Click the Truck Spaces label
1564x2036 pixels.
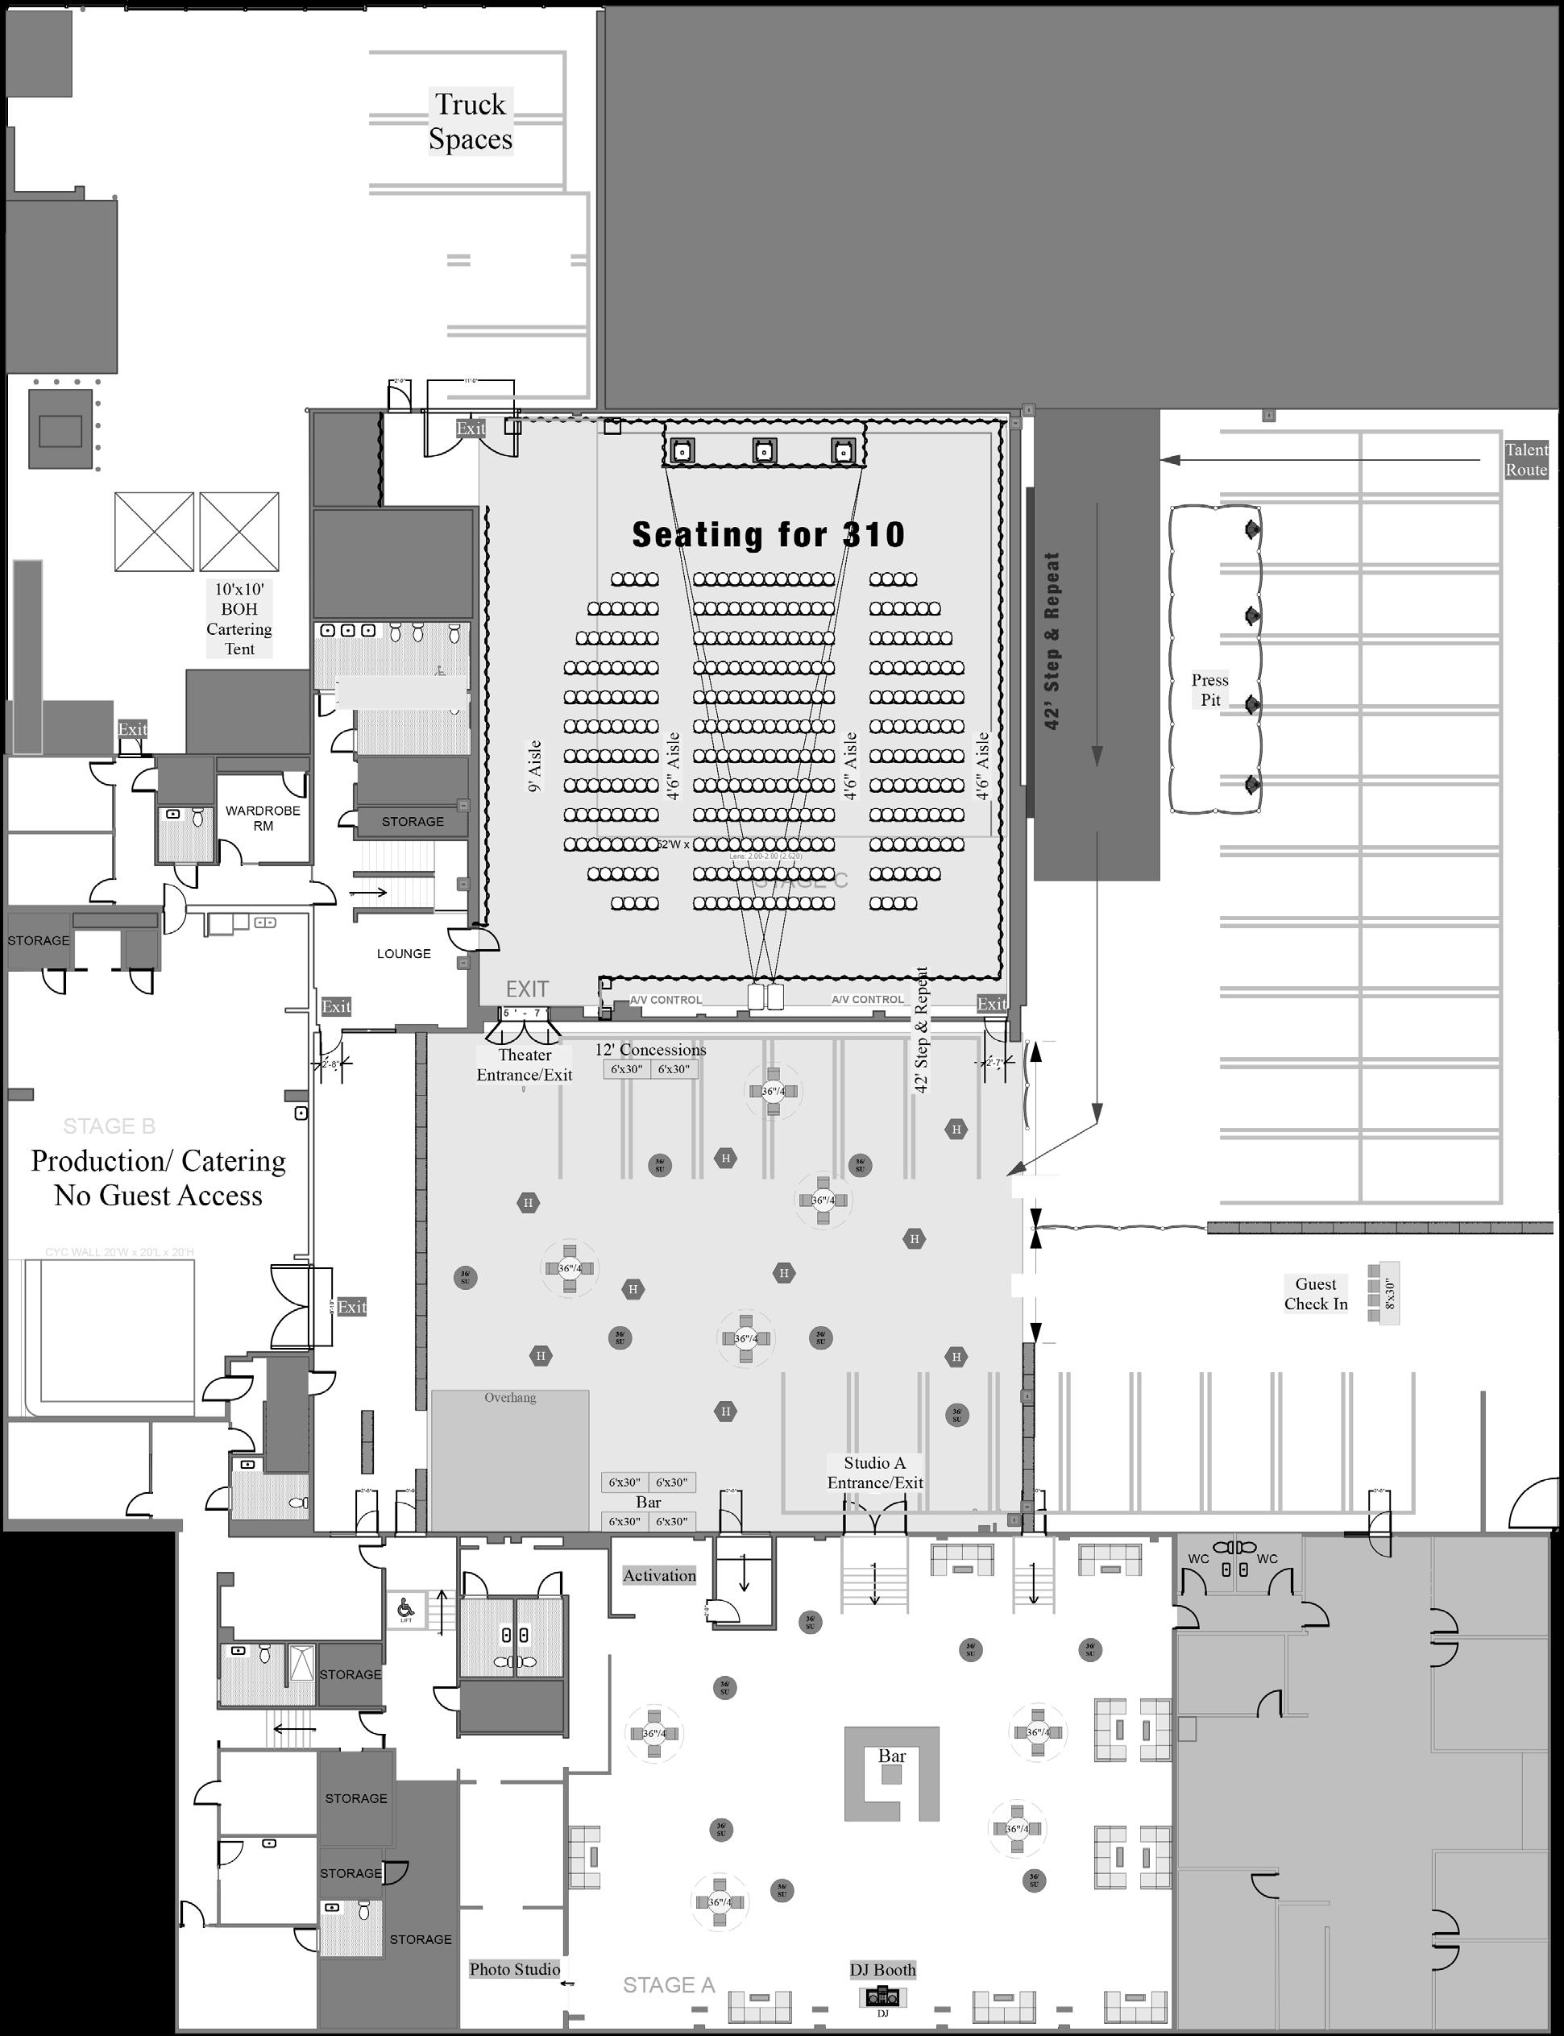(470, 121)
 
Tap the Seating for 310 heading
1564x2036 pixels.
(768, 534)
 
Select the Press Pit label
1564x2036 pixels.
(1209, 690)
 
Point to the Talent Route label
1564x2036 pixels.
(1526, 460)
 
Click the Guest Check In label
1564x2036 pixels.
(1316, 1293)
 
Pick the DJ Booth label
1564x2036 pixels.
(882, 1969)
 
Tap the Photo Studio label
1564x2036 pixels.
(514, 1969)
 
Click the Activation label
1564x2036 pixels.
(659, 1575)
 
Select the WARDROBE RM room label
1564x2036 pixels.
(263, 817)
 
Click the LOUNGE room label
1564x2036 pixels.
(403, 953)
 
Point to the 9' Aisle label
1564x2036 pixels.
(534, 765)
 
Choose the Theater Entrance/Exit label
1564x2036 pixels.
(524, 1064)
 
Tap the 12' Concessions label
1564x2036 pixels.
(651, 1049)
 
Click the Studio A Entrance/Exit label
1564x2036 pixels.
(874, 1473)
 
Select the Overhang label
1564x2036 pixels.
(510, 1397)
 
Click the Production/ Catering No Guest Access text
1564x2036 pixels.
(158, 1178)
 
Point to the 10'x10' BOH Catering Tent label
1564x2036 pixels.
(239, 619)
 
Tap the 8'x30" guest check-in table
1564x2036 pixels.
(1384, 1292)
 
